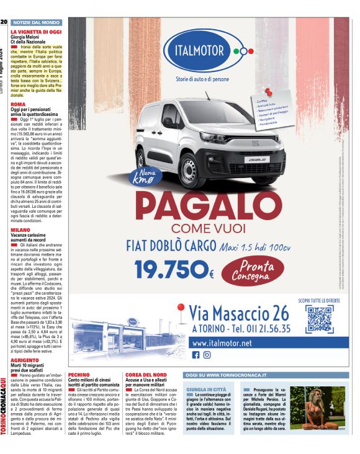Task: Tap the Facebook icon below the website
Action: click(196, 355)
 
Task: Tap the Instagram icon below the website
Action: click(207, 355)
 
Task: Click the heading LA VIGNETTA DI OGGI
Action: click(36, 31)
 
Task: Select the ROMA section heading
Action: click(18, 104)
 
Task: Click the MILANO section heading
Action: click(20, 229)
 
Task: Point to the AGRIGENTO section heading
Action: click(24, 360)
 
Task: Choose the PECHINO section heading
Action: click(79, 375)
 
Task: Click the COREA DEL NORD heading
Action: click(146, 375)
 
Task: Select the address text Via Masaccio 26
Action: click(238, 313)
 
